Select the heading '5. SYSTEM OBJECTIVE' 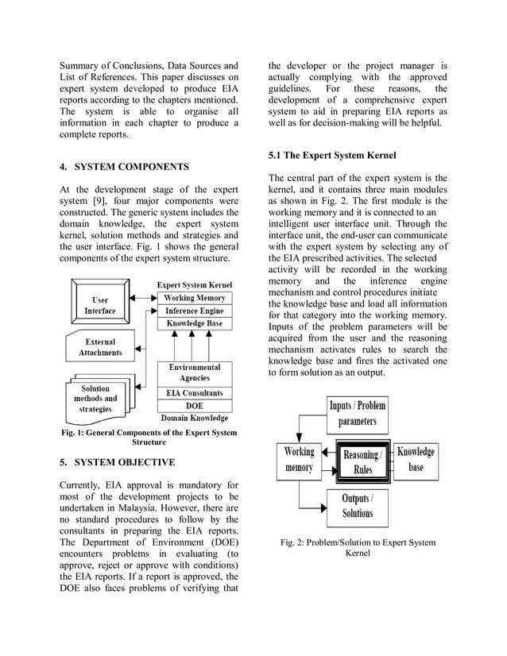coord(117,462)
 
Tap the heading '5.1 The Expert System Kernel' coord(331,155)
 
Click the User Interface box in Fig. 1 coord(99,305)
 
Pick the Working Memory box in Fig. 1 coord(195,298)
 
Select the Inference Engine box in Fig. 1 coord(195,311)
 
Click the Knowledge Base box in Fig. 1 coord(195,324)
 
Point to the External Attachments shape coord(100,347)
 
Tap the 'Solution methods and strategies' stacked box coord(95,399)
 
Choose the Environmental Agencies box coord(195,373)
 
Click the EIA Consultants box coord(195,392)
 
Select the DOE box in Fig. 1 coord(195,405)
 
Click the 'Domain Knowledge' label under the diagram coord(195,418)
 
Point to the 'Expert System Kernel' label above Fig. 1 coord(195,284)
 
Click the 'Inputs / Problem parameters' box coord(357,413)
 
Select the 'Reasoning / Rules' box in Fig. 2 coord(362,461)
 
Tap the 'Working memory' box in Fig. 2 coord(299,460)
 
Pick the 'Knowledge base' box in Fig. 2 coord(416,460)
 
